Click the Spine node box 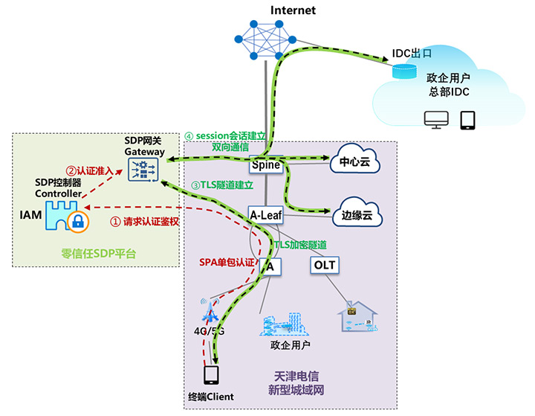coord(266,164)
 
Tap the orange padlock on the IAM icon coord(77,220)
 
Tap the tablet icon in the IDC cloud coord(467,120)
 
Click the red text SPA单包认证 coord(227,262)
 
